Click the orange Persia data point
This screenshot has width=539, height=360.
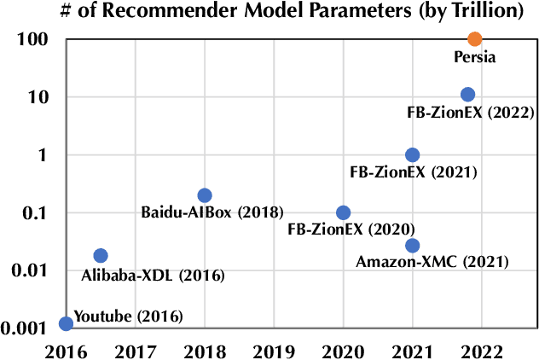[x=475, y=38]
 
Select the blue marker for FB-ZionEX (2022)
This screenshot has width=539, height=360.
[x=467, y=95]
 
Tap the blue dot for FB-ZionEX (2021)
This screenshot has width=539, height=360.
[x=412, y=154]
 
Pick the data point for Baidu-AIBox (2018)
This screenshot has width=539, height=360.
[x=205, y=195]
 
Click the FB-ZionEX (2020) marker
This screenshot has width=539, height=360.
[x=343, y=212]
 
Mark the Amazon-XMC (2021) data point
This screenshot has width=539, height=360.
[x=412, y=246]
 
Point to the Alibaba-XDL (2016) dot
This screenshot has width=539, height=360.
[x=100, y=255]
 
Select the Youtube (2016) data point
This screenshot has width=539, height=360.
[x=66, y=323]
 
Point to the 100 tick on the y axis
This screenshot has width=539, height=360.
[x=30, y=39]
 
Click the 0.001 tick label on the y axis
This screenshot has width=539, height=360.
[x=22, y=328]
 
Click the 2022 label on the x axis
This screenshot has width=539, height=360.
[x=482, y=349]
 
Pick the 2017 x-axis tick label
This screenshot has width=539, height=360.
[x=135, y=349]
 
